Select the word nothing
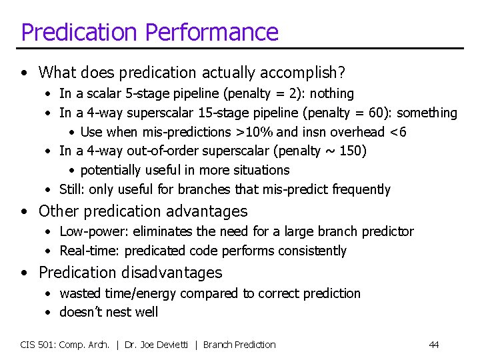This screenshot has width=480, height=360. pyautogui.click(x=331, y=94)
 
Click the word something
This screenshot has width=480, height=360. pyautogui.click(x=428, y=113)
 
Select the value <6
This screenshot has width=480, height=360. pyautogui.click(x=397, y=132)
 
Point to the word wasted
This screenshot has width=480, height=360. pyautogui.click(x=79, y=293)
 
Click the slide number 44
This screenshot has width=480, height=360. pyautogui.click(x=433, y=345)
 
